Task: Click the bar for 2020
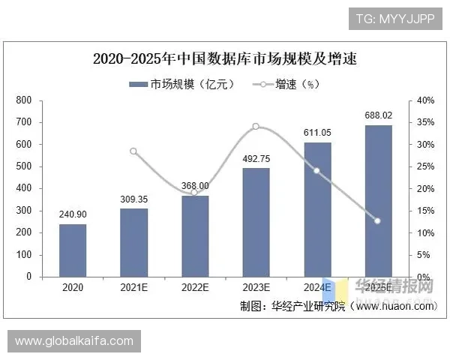pos(73,250)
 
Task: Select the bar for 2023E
pos(256,222)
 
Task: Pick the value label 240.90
pos(73,214)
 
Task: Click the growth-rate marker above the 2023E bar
pos(256,126)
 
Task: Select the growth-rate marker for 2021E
pos(133,151)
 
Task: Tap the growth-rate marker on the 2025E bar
pos(377,220)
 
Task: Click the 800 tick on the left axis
pos(23,100)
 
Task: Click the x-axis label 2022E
pos(194,287)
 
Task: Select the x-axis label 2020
pos(73,287)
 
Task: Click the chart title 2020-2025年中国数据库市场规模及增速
pos(225,59)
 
